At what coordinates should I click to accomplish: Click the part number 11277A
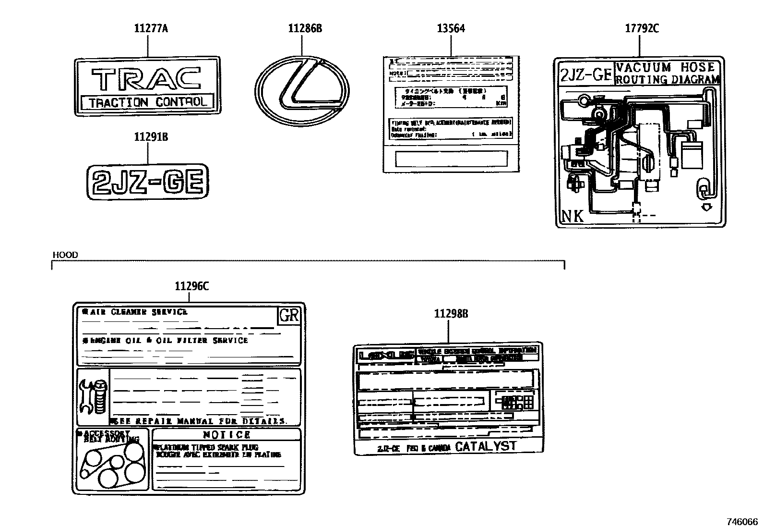(151, 28)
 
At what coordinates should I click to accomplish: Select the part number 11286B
(305, 28)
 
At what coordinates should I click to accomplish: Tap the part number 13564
(451, 28)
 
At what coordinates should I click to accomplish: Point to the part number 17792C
(642, 28)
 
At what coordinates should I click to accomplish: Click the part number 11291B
(151, 137)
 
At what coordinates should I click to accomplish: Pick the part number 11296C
(191, 286)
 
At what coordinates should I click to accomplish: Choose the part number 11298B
(451, 314)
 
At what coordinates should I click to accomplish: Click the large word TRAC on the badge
(146, 79)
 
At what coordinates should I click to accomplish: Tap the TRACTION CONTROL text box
(148, 102)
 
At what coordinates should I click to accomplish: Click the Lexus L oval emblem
(302, 90)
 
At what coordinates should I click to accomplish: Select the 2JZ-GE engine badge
(148, 182)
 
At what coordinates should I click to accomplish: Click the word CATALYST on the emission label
(486, 446)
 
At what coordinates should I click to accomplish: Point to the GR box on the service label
(289, 316)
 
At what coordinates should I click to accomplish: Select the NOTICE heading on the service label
(227, 435)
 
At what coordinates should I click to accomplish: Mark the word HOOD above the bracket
(65, 255)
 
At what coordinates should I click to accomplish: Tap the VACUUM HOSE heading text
(668, 67)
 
